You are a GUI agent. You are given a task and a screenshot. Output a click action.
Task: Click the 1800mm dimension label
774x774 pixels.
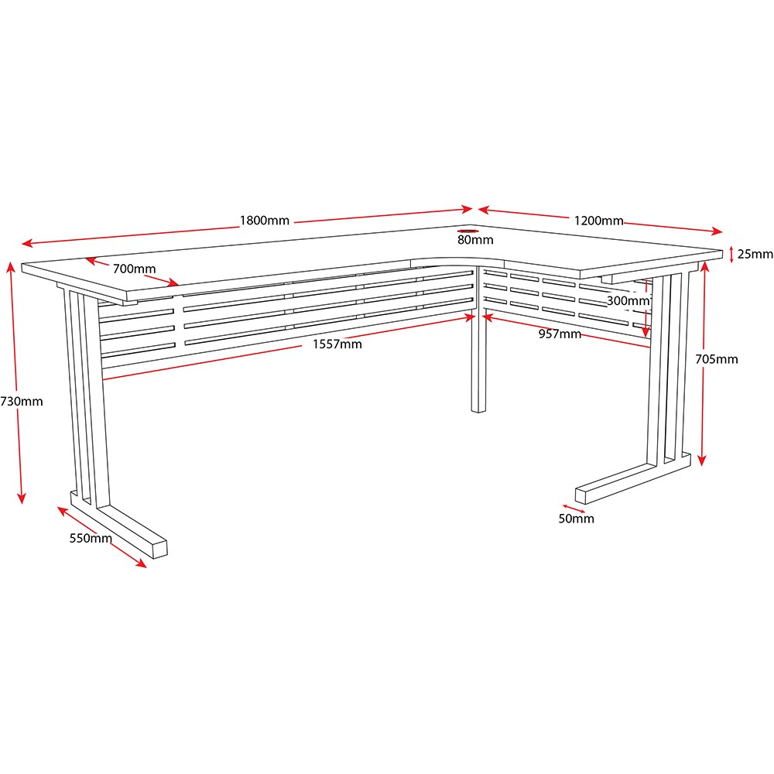point(265,220)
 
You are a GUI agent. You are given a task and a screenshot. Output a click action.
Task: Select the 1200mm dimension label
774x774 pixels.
point(599,221)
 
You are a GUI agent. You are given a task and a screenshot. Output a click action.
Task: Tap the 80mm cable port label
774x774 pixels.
point(475,240)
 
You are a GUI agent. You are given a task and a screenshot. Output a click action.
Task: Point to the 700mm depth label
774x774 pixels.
point(134,269)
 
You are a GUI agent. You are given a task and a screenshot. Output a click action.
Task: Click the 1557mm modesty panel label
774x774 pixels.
point(337,344)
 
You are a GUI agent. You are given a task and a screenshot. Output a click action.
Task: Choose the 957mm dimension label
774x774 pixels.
point(560,334)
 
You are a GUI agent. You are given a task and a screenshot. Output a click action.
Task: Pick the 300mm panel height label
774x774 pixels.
point(628,300)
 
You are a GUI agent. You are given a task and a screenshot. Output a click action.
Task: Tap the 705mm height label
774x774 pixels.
point(717,359)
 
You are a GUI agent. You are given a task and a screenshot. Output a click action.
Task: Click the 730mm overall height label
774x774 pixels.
point(22,402)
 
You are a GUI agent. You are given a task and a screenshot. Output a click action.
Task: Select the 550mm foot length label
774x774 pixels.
point(91,538)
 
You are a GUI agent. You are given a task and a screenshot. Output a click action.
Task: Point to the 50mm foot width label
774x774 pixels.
point(576,519)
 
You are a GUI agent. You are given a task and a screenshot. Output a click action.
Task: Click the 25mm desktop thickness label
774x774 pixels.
point(755,254)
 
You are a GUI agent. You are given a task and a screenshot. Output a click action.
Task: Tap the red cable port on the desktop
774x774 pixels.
point(467,231)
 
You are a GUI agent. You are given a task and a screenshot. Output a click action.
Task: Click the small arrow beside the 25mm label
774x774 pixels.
point(731,255)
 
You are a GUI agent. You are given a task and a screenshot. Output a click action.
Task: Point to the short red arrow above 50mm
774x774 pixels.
point(573,509)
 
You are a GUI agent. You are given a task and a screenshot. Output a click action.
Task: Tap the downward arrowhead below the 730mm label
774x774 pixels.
point(21,498)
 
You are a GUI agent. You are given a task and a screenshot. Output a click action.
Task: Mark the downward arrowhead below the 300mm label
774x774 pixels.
point(646,331)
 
